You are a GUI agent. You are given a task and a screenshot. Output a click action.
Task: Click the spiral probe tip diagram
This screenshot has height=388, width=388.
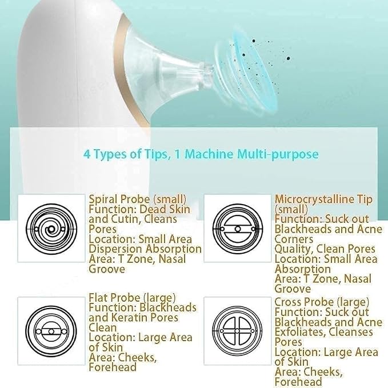(x=51, y=229)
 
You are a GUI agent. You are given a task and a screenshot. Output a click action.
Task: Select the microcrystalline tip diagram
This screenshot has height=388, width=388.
(x=238, y=229)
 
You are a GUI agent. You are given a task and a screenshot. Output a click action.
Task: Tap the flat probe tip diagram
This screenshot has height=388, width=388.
(x=51, y=331)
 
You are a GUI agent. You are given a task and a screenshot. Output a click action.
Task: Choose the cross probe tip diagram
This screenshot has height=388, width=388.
(x=237, y=331)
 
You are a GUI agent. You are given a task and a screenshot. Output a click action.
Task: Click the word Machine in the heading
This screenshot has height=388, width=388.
(x=209, y=154)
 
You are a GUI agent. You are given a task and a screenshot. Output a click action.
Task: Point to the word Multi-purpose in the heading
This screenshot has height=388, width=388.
(x=278, y=154)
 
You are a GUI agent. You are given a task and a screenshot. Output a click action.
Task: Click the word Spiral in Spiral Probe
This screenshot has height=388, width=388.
(x=103, y=199)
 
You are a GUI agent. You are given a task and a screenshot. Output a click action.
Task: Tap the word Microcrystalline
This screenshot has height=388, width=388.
(x=312, y=199)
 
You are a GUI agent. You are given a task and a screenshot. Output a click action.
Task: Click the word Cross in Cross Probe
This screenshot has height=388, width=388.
(x=288, y=302)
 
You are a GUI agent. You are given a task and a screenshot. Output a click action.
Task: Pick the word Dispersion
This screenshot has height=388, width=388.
(x=115, y=249)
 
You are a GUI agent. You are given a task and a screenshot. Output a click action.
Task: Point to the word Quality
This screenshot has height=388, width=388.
(x=293, y=249)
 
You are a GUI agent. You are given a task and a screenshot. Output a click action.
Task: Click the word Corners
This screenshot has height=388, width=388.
(x=294, y=239)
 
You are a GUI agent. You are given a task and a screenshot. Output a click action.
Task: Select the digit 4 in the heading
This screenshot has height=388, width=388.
(x=87, y=154)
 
